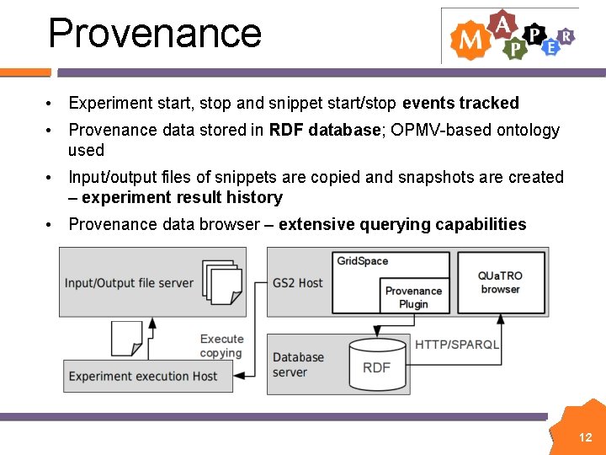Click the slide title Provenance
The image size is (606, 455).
coord(155,33)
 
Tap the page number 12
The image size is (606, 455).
coord(586,437)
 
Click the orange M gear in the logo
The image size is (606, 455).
coord(470,40)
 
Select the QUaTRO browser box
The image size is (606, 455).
coord(500,282)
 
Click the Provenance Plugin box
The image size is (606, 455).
coord(413,297)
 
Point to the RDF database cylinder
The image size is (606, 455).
coord(376,366)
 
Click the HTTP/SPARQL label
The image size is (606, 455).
coord(457,345)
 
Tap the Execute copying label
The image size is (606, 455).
coord(221,345)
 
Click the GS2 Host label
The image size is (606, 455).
coord(297,283)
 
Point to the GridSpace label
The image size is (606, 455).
coord(363,261)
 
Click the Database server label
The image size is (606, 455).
coord(298,364)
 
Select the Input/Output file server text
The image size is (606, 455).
coord(129,283)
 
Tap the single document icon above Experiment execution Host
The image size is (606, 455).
coord(126,337)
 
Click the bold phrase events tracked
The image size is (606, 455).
coord(460,103)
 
